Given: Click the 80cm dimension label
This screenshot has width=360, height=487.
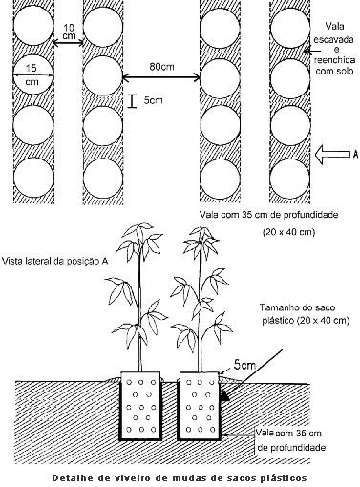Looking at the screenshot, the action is coord(161,67).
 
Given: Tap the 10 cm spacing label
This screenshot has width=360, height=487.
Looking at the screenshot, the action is coord(69,32).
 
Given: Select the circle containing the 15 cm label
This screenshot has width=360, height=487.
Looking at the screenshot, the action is coord(33,75).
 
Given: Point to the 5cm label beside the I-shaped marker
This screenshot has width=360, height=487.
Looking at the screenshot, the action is coord(153,100).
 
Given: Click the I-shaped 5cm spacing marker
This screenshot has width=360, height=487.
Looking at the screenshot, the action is coord(132,101).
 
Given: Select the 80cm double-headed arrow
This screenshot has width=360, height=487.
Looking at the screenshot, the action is coord(161,76).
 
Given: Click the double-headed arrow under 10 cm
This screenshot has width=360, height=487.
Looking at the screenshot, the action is coord(69,43).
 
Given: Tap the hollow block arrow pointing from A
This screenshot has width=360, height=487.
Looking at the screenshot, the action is coord(332,155).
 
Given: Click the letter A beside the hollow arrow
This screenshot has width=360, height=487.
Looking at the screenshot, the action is coord(356,155).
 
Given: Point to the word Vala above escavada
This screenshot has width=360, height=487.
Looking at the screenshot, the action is coord(335,26).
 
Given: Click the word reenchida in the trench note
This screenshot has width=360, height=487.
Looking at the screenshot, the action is coord(334,60).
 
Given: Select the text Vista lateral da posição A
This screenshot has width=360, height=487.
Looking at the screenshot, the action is coord(55,261).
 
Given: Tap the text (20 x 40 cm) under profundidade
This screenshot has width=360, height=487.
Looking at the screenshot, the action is coord(288,232).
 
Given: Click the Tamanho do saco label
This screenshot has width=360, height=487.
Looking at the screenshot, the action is coord(297,307).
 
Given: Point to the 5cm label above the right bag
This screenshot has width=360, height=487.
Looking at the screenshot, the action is coord(244,365).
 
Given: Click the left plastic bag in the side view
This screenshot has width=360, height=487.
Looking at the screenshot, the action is coord(140,406).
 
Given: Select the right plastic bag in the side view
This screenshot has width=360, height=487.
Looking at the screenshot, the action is coord(200,406).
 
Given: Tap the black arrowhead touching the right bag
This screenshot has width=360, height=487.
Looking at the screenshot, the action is coord(224,396).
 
